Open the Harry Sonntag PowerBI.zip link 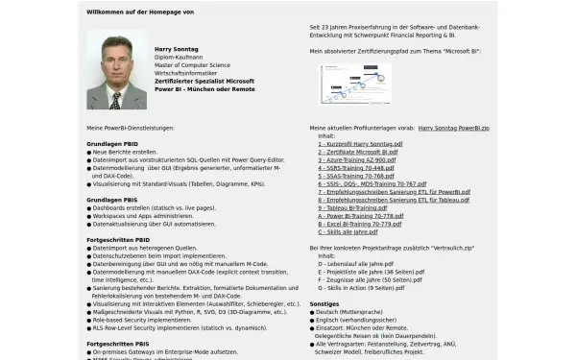[454, 127]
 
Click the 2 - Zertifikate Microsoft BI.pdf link [357, 152]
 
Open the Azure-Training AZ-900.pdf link [355, 159]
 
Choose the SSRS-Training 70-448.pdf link [355, 168]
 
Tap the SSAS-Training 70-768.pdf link [355, 176]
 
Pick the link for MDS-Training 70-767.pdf [372, 184]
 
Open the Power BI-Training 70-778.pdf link [360, 216]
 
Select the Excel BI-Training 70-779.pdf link [360, 225]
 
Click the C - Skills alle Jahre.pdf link [347, 232]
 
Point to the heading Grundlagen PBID [112, 143]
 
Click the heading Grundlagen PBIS [111, 200]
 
